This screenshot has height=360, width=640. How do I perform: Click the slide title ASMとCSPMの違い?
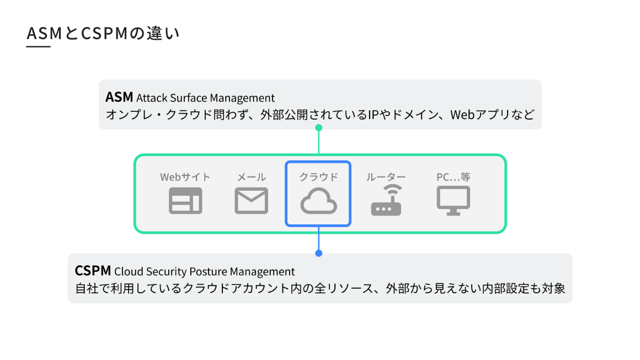click(x=103, y=34)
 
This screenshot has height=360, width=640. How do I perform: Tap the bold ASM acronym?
click(x=119, y=98)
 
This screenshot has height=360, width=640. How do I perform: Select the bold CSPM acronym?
click(x=93, y=271)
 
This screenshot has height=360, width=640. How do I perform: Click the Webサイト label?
click(x=185, y=177)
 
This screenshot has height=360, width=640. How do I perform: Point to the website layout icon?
click(x=185, y=201)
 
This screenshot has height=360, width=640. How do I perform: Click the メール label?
click(x=251, y=177)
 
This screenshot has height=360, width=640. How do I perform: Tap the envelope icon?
click(x=251, y=201)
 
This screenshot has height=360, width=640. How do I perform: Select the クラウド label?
click(x=318, y=177)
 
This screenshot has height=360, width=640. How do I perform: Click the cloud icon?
click(x=318, y=201)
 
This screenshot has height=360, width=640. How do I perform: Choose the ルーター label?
click(x=386, y=177)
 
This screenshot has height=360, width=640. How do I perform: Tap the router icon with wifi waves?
click(x=386, y=201)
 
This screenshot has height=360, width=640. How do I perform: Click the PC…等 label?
click(x=454, y=177)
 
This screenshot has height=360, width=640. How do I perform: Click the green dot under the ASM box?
click(x=318, y=128)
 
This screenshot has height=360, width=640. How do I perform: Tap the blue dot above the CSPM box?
click(x=318, y=253)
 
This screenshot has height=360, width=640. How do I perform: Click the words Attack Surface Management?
click(x=205, y=98)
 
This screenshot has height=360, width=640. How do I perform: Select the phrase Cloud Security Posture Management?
click(x=204, y=272)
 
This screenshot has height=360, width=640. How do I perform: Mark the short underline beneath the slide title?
click(x=39, y=47)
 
